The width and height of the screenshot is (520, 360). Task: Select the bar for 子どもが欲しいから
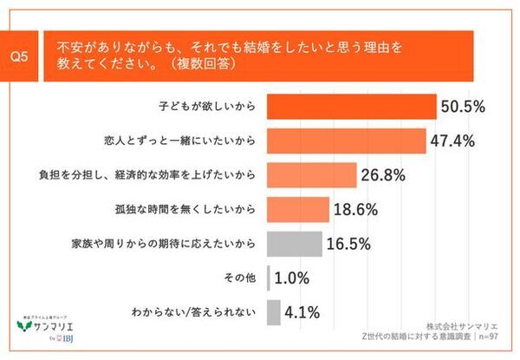(351, 107)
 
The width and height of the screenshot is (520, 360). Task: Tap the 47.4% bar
(346, 141)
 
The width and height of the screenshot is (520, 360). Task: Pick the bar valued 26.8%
(311, 175)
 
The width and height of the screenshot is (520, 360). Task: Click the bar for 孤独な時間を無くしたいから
(297, 209)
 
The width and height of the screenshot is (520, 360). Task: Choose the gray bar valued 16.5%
(294, 244)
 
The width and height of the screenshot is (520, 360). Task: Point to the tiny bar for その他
(269, 278)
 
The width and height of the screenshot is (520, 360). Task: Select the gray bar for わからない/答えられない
(274, 311)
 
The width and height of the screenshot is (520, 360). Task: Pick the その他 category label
(240, 278)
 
